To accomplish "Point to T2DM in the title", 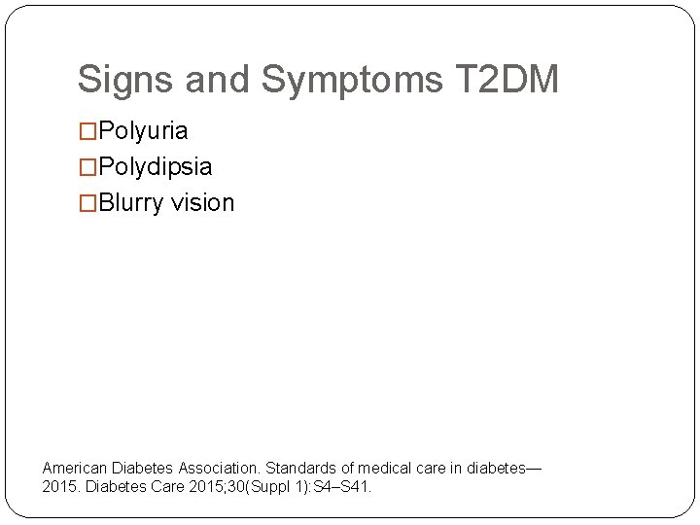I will [507, 80].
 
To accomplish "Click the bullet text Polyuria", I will [144, 131].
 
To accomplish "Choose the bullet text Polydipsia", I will [156, 167].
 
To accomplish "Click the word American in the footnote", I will [75, 468].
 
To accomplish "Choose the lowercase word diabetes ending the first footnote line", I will [495, 468].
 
